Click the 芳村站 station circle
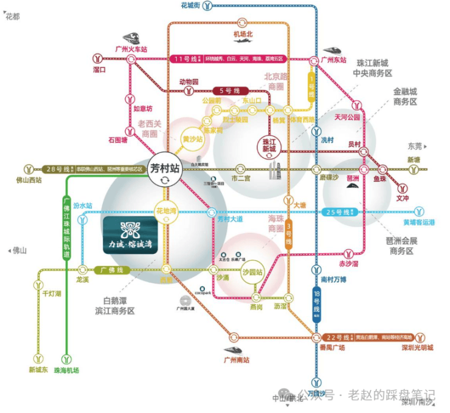click(x=164, y=171)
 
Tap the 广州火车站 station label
click(x=131, y=49)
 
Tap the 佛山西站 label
click(x=29, y=180)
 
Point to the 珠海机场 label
click(x=67, y=370)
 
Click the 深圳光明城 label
click(x=417, y=347)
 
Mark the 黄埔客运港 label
click(x=419, y=222)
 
